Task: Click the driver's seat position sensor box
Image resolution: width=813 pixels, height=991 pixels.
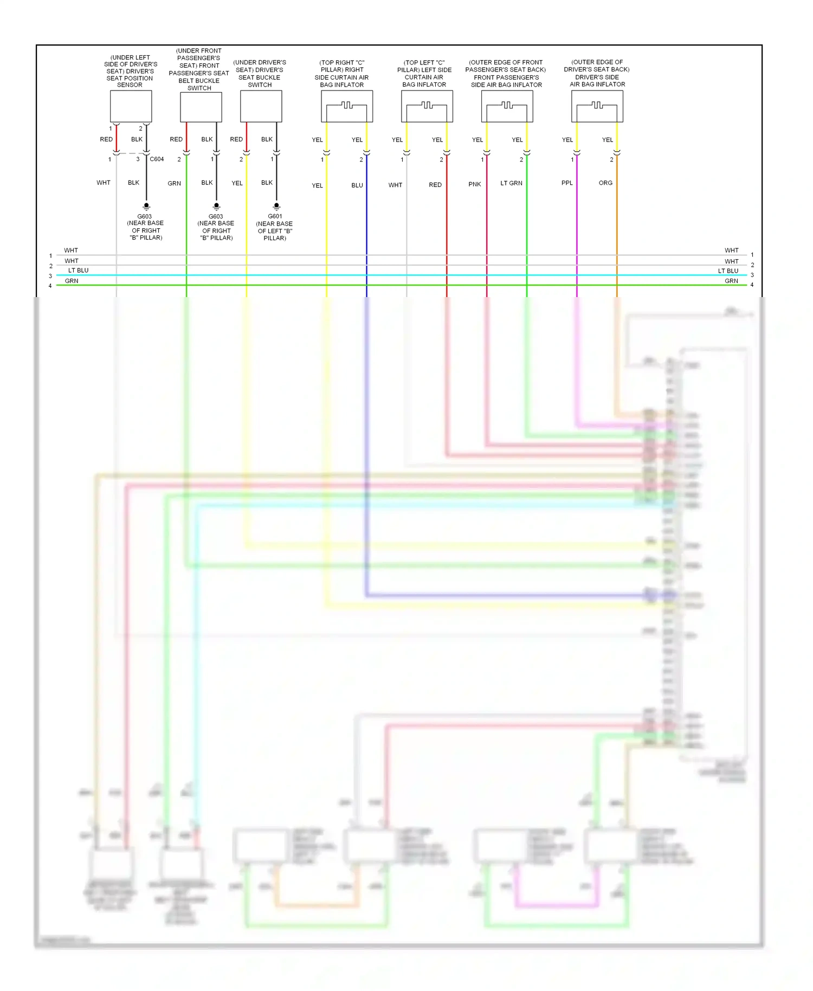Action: (131, 106)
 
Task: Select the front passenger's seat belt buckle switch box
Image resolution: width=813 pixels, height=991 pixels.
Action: (201, 107)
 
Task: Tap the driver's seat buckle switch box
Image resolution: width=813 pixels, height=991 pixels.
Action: (261, 106)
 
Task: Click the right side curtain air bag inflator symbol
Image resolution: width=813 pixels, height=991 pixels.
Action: (347, 106)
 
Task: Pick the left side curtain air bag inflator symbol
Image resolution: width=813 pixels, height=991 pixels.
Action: (427, 106)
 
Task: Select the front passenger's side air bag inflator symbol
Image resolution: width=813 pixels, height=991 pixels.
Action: (507, 106)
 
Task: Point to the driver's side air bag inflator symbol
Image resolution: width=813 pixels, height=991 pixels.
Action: (597, 106)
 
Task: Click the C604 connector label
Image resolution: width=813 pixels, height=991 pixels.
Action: (157, 159)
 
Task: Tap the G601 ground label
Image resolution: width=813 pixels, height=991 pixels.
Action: (275, 216)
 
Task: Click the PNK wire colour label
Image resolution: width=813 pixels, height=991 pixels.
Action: (474, 184)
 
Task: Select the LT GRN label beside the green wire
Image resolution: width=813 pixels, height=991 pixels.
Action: (511, 183)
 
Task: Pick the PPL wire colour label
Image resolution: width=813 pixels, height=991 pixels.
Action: (567, 183)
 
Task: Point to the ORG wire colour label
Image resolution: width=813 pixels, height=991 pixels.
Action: (605, 183)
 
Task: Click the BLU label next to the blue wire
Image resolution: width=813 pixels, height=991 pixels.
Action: (357, 185)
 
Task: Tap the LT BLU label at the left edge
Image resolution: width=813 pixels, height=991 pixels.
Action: (78, 271)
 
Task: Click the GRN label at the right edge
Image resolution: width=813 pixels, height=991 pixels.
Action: (731, 281)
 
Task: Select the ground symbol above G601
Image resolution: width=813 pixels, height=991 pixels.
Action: (276, 207)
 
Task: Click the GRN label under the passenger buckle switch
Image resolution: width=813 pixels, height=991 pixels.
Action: (174, 184)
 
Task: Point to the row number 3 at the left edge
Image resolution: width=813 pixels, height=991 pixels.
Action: (50, 276)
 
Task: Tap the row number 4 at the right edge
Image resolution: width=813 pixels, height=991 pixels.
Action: (752, 285)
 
